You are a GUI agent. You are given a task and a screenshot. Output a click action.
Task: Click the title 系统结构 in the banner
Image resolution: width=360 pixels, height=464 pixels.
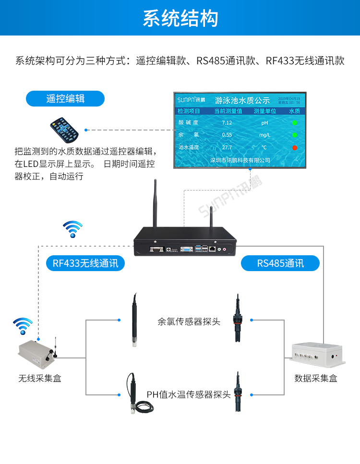pyautogui.click(x=180, y=18)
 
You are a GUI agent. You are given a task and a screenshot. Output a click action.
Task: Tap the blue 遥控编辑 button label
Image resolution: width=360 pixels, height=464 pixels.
pyautogui.click(x=65, y=98)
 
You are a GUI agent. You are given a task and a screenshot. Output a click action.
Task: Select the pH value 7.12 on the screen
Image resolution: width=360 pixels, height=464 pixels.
pyautogui.click(x=227, y=123)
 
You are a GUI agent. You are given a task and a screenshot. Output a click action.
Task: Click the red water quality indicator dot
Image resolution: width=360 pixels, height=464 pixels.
pyautogui.click(x=295, y=147)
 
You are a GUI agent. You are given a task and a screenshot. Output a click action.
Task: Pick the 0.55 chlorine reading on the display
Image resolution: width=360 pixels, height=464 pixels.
pyautogui.click(x=227, y=135)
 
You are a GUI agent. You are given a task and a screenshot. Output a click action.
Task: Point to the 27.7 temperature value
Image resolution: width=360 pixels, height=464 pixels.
pyautogui.click(x=227, y=147)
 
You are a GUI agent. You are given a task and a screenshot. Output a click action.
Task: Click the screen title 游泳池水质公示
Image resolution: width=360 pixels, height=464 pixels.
pyautogui.click(x=242, y=101)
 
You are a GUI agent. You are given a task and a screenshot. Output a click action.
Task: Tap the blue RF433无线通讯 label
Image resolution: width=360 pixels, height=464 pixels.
pyautogui.click(x=85, y=263)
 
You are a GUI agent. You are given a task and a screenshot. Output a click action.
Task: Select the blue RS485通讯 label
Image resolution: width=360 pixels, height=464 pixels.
pyautogui.click(x=280, y=263)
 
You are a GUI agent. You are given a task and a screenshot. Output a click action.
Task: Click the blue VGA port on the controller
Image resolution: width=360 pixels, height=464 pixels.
pyautogui.click(x=186, y=250)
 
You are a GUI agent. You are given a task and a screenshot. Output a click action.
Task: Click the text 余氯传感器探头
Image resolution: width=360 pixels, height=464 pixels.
pyautogui.click(x=189, y=321)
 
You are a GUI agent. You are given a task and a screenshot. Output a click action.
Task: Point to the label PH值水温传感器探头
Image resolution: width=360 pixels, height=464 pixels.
pyautogui.click(x=189, y=394)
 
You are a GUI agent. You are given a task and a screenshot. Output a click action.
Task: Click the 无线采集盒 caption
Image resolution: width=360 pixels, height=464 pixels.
pyautogui.click(x=40, y=379)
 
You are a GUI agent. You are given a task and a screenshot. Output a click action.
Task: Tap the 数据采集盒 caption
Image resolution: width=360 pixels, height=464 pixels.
pyautogui.click(x=316, y=379)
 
